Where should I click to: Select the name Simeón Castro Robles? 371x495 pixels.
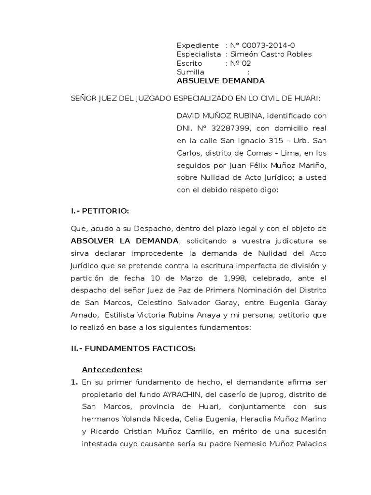click(x=271, y=54)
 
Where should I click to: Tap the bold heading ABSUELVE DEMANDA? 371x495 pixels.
click(x=220, y=81)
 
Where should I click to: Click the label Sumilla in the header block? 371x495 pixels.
click(x=191, y=72)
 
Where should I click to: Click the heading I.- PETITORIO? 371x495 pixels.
click(x=100, y=211)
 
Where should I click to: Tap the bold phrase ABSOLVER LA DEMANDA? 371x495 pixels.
click(x=125, y=241)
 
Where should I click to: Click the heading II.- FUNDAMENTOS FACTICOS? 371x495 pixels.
click(x=133, y=349)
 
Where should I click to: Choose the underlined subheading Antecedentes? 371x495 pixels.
click(x=111, y=370)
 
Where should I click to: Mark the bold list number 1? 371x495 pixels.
click(x=74, y=382)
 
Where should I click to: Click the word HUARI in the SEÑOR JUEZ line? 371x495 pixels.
click(x=306, y=99)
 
